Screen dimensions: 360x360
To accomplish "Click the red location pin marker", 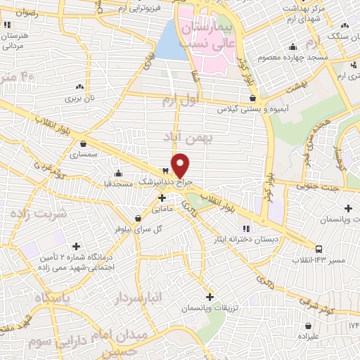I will coord(181,165).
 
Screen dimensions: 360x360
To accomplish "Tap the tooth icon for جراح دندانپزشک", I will coord(166,171).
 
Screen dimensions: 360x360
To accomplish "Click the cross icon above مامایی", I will coord(162,198).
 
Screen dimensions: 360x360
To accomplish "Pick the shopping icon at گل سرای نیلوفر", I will coord(138,218).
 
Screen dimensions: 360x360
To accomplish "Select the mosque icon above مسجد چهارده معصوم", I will coord(292,48).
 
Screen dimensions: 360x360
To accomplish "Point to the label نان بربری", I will coord(79,98).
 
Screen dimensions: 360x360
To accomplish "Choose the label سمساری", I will coord(94,153).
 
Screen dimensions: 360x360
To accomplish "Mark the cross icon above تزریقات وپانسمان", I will coord(209,296).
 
